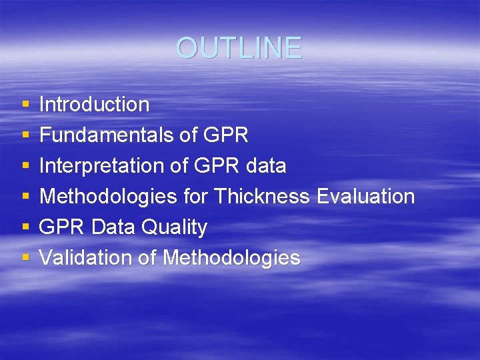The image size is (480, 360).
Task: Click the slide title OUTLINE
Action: tap(239, 48)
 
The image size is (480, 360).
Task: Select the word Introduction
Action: tap(94, 105)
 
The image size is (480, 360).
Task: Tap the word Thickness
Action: tap(262, 197)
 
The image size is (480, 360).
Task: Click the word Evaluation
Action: tap(365, 197)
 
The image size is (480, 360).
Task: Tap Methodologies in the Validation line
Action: tap(231, 258)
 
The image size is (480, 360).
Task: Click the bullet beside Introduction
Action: tap(25, 105)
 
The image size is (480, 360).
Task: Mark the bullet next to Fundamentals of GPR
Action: tap(25, 136)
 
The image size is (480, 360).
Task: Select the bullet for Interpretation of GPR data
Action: tap(25, 167)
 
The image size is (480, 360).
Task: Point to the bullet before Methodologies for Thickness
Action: tap(25, 197)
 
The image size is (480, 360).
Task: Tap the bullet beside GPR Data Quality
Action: tap(25, 228)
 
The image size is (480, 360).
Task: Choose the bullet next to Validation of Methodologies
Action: tap(25, 259)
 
